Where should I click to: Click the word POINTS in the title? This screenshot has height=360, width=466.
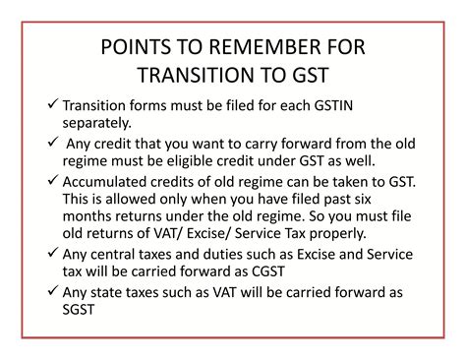[x=136, y=49]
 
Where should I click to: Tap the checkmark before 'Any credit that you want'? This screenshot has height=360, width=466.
[x=52, y=143]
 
